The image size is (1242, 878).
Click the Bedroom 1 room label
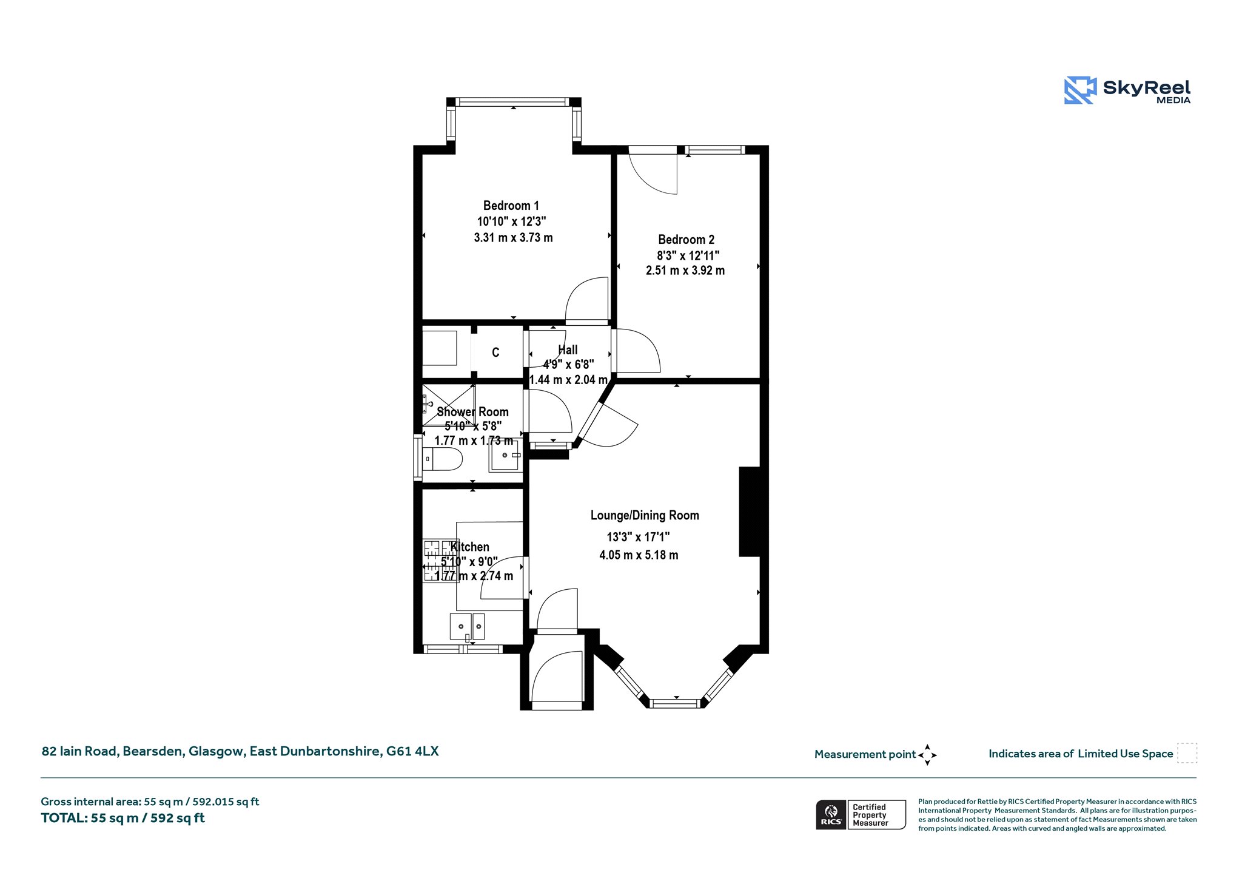511,206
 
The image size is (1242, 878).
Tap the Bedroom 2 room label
686,240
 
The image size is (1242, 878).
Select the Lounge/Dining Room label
645,515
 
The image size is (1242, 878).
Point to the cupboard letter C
495,353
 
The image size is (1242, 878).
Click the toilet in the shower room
442,459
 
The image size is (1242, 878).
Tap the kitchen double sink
467,627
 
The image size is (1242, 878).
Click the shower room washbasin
505,455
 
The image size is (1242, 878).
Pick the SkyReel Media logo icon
1080,90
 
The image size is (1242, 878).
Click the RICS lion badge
831,814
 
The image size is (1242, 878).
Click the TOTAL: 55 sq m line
123,818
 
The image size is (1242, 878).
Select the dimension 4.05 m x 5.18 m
639,555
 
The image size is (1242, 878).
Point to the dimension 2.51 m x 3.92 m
685,271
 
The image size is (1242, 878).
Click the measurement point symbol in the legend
927,755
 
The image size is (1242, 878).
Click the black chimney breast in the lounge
750,512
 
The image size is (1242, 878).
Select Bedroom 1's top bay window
513,102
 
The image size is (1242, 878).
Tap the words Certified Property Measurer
870,815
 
